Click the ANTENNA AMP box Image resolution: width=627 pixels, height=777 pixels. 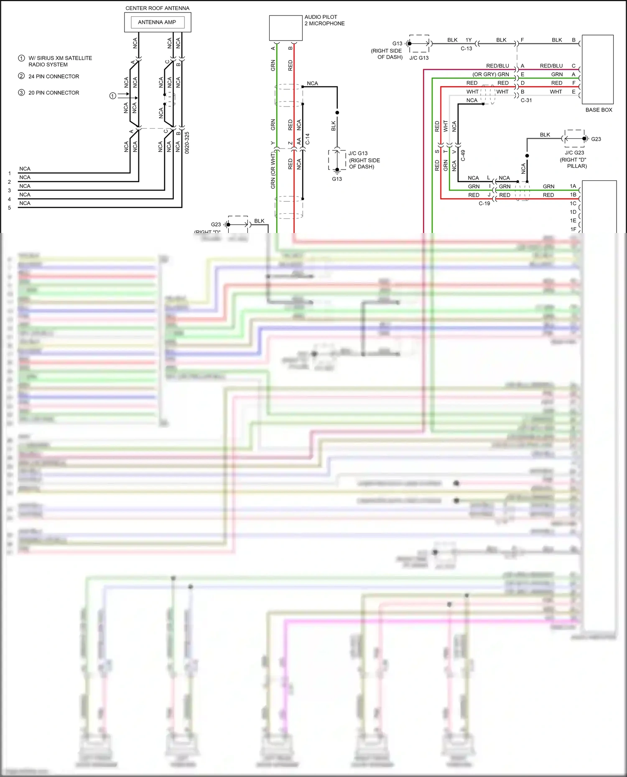pyautogui.click(x=157, y=22)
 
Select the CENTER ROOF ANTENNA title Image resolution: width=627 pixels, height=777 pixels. pyautogui.click(x=157, y=8)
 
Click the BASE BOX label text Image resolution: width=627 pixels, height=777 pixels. pyautogui.click(x=598, y=110)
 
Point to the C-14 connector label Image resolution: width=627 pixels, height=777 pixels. pyautogui.click(x=308, y=139)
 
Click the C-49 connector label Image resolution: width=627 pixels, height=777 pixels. pyautogui.click(x=463, y=156)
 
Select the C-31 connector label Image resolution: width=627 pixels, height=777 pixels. pyautogui.click(x=526, y=100)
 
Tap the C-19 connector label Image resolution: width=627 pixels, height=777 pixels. pyautogui.click(x=484, y=203)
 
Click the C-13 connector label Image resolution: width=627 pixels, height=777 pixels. pyautogui.click(x=466, y=48)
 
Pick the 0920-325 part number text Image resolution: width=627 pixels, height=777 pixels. pyautogui.click(x=187, y=142)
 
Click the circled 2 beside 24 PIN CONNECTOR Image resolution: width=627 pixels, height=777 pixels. pyautogui.click(x=21, y=76)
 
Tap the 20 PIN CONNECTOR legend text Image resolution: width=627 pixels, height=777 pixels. pyautogui.click(x=54, y=93)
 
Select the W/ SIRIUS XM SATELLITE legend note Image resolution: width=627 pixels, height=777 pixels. pyautogui.click(x=60, y=58)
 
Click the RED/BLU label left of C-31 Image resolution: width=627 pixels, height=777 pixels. pyautogui.click(x=497, y=66)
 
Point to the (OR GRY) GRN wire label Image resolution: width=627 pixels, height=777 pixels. pyautogui.click(x=491, y=74)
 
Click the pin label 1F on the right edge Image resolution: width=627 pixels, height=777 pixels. pyautogui.click(x=573, y=229)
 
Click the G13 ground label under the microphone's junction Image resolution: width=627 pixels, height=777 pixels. pyautogui.click(x=337, y=179)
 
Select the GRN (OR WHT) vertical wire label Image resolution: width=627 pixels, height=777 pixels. pyautogui.click(x=273, y=170)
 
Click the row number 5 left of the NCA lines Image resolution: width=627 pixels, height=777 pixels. pyautogui.click(x=9, y=208)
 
